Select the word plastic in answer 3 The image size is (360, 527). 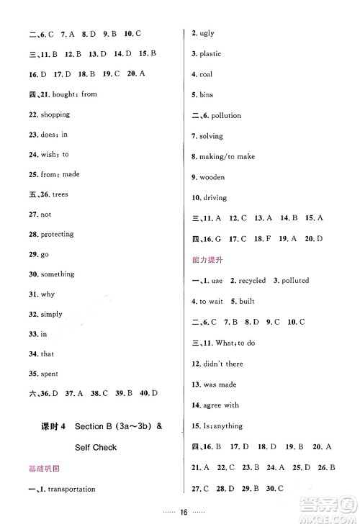pos(211,54)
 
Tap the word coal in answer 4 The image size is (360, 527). pos(207,74)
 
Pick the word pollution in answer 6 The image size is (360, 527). pos(226,115)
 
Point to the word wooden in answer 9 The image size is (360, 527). pos(212,177)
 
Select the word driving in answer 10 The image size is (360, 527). pos(214,198)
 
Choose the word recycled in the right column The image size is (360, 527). pos(252,281)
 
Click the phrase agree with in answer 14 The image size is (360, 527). pos(221,405)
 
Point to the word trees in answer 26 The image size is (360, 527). pos(60,194)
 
